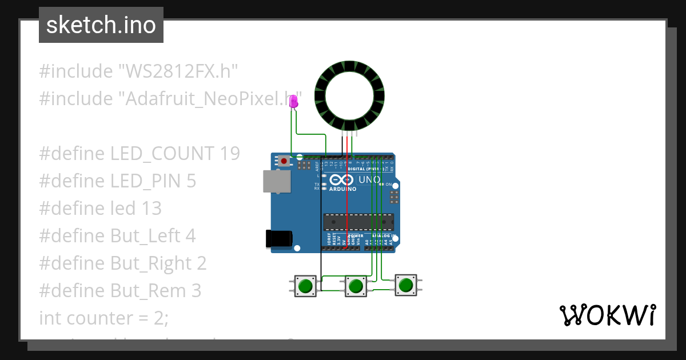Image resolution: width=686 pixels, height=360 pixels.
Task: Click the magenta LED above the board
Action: (294, 102)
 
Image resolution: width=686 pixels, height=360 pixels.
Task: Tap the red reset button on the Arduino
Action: (284, 162)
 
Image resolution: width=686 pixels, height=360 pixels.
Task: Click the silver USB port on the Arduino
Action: (276, 181)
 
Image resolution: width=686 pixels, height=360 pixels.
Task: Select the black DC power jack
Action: (279, 239)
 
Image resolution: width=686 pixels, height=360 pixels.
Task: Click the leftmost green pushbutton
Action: (306, 285)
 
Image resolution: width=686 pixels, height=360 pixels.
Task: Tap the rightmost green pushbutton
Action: (406, 285)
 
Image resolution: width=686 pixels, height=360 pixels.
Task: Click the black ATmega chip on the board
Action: (358, 222)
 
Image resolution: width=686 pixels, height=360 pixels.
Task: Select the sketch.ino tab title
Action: (101, 25)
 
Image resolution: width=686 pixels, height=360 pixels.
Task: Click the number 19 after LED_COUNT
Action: (229, 154)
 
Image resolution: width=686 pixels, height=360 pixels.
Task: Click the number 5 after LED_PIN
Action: (191, 181)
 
